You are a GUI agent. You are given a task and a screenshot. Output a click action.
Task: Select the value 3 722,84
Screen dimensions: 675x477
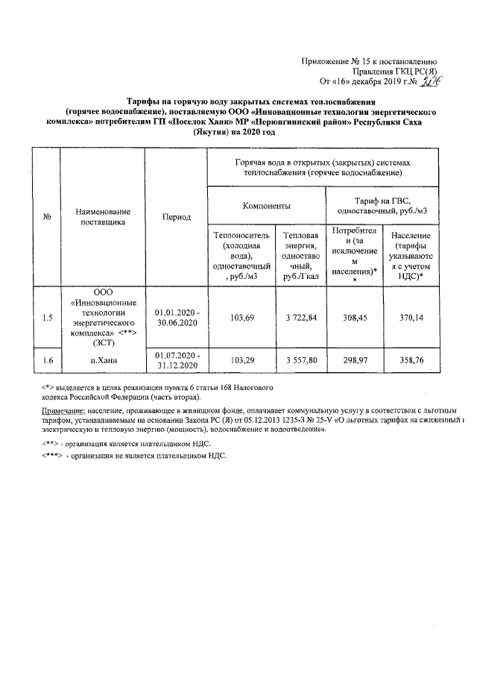pyautogui.click(x=301, y=318)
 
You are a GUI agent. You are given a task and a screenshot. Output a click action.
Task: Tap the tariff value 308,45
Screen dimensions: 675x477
pyautogui.click(x=354, y=318)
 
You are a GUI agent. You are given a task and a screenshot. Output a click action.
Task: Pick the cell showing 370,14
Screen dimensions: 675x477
pyautogui.click(x=407, y=318)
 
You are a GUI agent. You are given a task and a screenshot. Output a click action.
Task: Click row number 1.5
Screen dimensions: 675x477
pyautogui.click(x=47, y=318)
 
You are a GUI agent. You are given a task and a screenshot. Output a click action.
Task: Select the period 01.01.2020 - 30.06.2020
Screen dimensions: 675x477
pyautogui.click(x=177, y=318)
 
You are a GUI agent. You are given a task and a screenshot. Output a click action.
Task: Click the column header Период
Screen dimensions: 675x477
pyautogui.click(x=177, y=217)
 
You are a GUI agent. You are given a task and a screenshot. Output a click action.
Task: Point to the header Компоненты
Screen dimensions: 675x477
pyautogui.click(x=266, y=204)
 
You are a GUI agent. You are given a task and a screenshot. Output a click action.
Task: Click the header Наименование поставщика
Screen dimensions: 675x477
pyautogui.click(x=103, y=217)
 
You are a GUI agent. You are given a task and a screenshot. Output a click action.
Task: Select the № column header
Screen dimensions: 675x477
pyautogui.click(x=47, y=217)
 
